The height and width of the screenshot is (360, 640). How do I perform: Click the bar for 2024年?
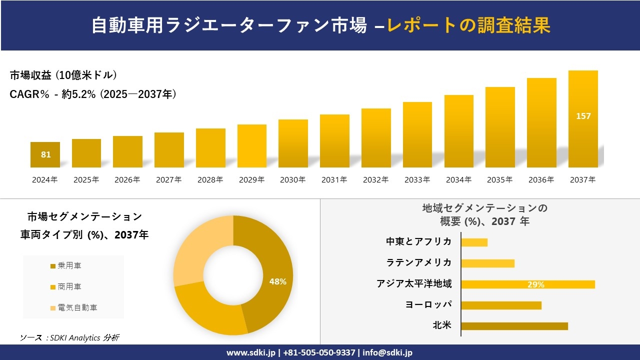tap(45, 154)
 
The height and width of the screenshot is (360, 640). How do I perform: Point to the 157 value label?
tap(583, 116)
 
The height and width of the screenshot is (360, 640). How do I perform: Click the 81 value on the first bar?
tap(45, 154)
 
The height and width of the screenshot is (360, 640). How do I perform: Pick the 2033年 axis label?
tap(417, 180)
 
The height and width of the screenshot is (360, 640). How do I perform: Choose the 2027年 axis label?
tap(168, 180)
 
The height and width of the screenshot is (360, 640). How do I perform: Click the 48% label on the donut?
tap(277, 281)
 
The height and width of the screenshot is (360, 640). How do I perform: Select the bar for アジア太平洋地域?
tap(527, 284)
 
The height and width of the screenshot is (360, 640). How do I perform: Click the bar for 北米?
tap(514, 326)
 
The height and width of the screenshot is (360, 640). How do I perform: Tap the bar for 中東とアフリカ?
tap(474, 242)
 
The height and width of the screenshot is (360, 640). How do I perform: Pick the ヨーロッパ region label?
tap(428, 304)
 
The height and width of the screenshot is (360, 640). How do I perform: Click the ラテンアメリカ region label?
tap(418, 262)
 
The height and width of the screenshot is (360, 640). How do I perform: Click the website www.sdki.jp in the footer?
tap(251, 352)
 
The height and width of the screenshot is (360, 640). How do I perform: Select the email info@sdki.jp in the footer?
tap(388, 352)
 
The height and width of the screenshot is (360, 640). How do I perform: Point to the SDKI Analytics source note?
tap(69, 337)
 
